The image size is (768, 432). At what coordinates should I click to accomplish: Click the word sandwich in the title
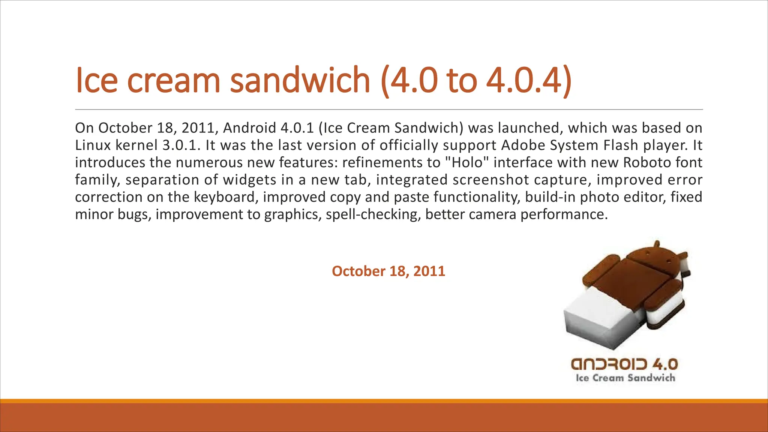pos(300,79)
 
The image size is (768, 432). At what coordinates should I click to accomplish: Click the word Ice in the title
pos(96,79)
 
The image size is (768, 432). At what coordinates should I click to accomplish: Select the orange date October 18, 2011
pos(388,271)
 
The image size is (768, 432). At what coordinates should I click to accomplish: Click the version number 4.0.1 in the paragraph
pos(297,128)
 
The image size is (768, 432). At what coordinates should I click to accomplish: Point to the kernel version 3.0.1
pos(179,145)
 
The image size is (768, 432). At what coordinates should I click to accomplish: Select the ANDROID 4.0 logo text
pos(624,364)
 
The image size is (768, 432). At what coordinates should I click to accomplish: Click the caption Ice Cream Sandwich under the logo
pos(625,378)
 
